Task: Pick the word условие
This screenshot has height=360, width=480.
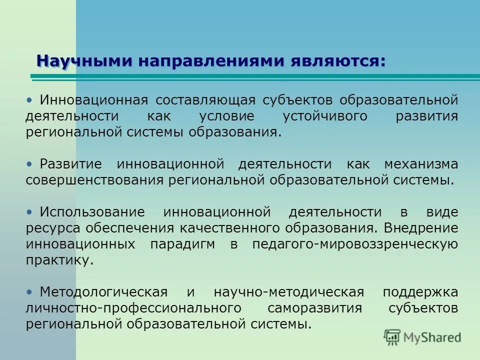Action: pos(220,116)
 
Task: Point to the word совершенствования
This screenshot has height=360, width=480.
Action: pos(95,180)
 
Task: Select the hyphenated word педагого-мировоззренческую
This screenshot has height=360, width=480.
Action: pos(355,244)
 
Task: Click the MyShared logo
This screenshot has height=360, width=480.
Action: pos(422,336)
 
